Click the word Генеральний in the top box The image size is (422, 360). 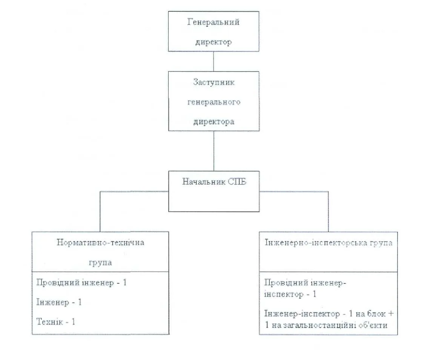tap(213, 22)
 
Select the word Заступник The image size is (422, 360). tap(214, 82)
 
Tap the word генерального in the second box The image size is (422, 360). tap(214, 102)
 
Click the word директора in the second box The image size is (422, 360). tap(214, 122)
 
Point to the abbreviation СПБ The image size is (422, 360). tap(237, 182)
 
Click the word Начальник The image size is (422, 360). tap(204, 182)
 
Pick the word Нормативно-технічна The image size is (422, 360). tap(100, 242)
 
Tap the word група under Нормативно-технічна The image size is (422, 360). tap(100, 263)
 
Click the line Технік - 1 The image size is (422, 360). tap(56, 322)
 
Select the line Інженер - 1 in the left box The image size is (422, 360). tap(59, 302)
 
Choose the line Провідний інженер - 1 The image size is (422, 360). tap(81, 283)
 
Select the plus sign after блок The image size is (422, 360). tap(391, 314)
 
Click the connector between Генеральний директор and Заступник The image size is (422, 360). tap(213, 62)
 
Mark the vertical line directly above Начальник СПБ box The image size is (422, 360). tap(214, 151)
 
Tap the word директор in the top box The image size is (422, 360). tap(213, 42)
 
